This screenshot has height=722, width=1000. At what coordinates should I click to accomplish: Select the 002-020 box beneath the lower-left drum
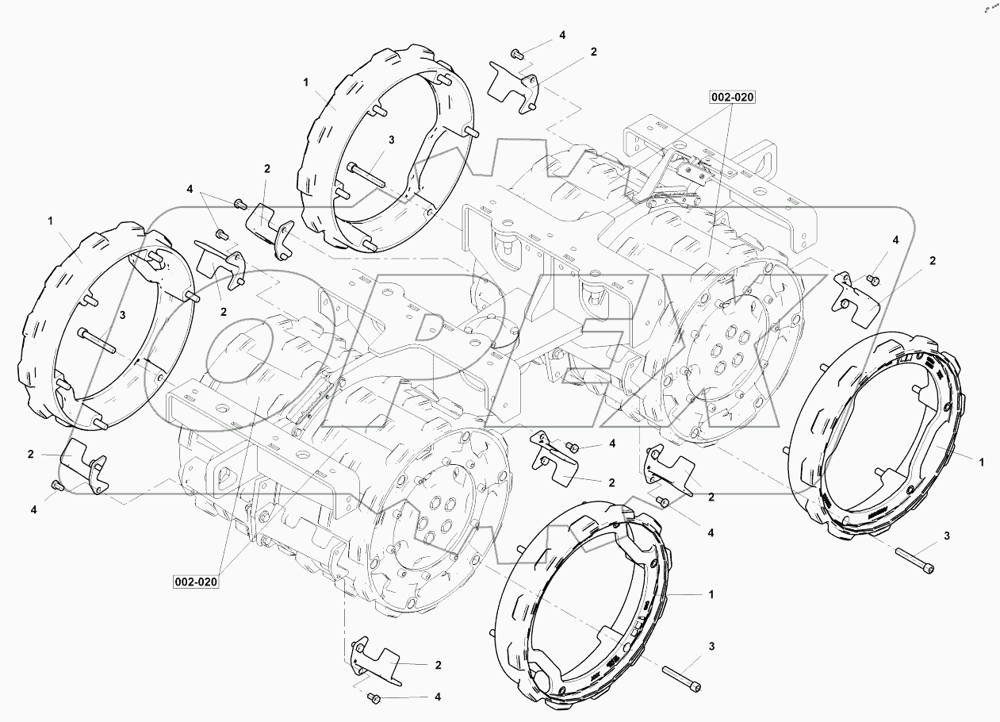pyautogui.click(x=195, y=582)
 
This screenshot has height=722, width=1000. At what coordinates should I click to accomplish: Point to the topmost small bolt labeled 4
pyautogui.click(x=516, y=54)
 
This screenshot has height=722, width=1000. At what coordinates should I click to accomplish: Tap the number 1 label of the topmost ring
pyautogui.click(x=305, y=81)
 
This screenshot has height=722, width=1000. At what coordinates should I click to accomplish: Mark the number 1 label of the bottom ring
pyautogui.click(x=711, y=593)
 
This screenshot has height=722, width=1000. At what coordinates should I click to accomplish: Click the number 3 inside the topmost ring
pyautogui.click(x=392, y=140)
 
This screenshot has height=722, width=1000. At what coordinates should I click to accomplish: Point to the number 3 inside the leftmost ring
pyautogui.click(x=123, y=315)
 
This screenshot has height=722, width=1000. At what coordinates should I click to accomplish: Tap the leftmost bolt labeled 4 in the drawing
pyautogui.click(x=56, y=485)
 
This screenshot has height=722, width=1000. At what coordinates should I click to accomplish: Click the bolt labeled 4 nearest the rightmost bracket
pyautogui.click(x=872, y=278)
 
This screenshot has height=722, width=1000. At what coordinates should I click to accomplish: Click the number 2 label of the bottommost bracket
pyautogui.click(x=438, y=664)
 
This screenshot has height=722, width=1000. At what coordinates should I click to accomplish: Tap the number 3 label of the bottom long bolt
pyautogui.click(x=711, y=647)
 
